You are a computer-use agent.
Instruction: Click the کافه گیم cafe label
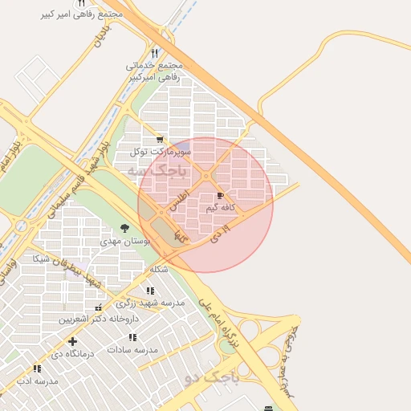221,208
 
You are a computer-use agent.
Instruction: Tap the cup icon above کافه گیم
221,196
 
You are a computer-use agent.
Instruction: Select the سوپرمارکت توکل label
161,151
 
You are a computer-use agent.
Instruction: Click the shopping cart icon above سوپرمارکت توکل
161,139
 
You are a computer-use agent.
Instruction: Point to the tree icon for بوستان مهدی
124,229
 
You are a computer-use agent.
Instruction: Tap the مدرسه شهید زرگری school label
150,303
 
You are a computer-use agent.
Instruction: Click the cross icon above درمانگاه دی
73,341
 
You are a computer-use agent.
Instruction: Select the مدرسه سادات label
132,350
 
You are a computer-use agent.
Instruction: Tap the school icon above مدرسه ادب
38,368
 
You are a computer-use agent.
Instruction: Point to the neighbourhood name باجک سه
157,171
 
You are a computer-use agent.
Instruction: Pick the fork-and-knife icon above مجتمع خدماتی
155,53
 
